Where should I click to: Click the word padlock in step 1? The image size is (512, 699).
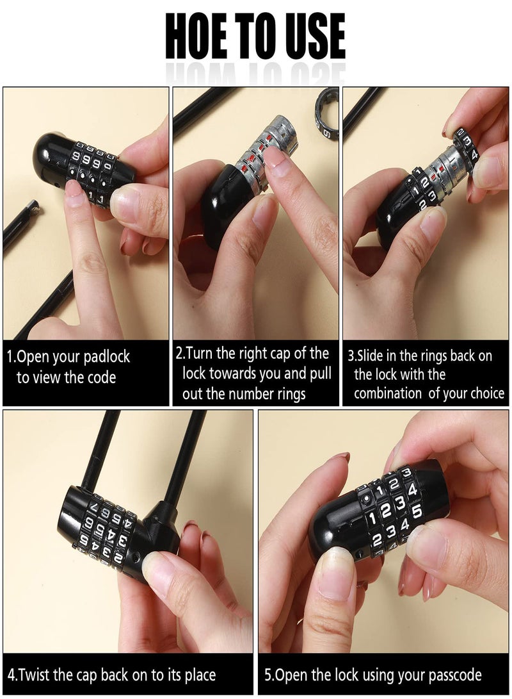tap(104, 356)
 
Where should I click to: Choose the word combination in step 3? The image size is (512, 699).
tap(388, 393)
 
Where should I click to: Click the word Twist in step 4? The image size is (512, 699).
tap(36, 675)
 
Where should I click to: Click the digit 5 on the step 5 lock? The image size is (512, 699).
tap(416, 512)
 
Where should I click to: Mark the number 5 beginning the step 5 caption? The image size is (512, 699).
tap(268, 675)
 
